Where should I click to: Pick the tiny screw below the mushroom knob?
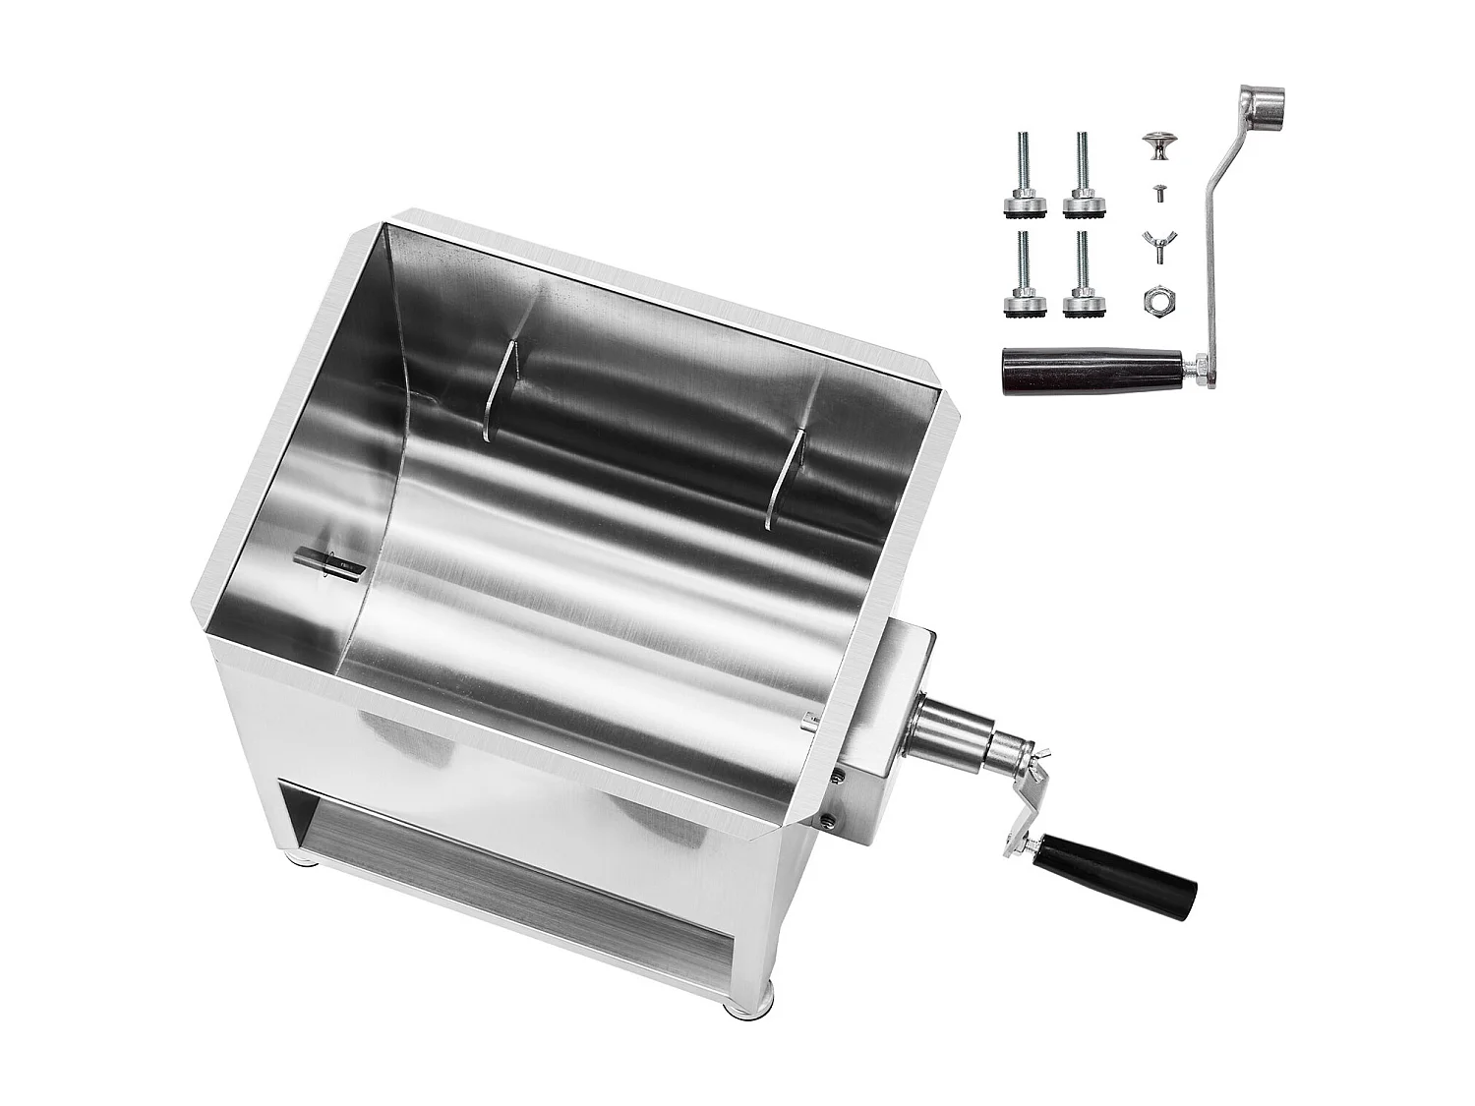(1157, 194)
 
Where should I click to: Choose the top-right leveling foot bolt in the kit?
(1082, 177)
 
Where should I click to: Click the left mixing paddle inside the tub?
(502, 388)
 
